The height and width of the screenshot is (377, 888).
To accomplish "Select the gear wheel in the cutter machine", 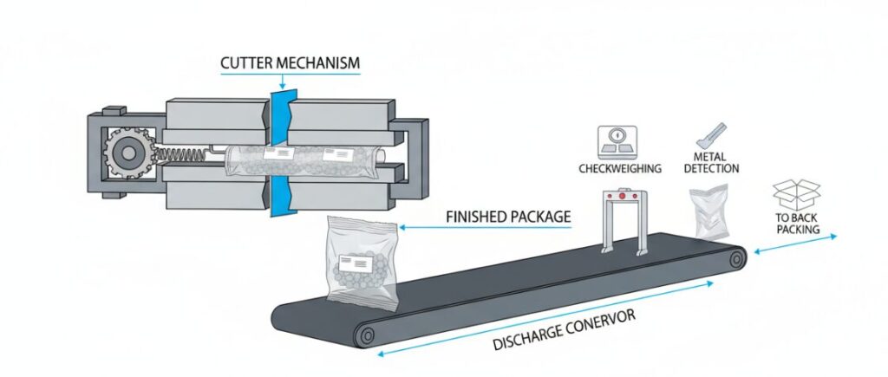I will [129, 154].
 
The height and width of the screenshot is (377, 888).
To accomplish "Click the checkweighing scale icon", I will [617, 140].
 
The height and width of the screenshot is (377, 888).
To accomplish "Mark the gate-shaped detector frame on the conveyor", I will [621, 222].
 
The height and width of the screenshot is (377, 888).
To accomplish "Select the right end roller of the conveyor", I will [736, 258].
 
